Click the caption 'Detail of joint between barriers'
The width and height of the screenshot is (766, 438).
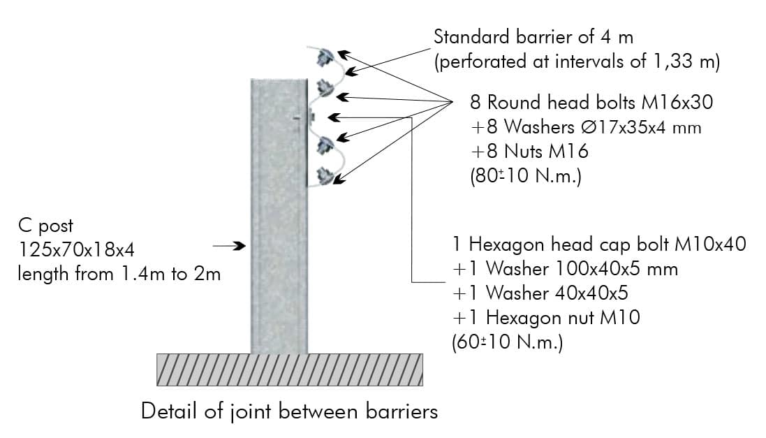click(x=289, y=411)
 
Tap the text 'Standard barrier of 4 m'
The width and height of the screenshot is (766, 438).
click(x=533, y=37)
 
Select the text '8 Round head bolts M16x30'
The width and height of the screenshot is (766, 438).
click(x=591, y=102)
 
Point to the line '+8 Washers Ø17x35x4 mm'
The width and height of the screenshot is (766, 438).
click(x=586, y=127)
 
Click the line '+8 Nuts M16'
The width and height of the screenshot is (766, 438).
click(x=529, y=151)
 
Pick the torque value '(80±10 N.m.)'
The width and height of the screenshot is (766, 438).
click(x=526, y=175)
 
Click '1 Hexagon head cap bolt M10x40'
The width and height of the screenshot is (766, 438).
click(x=599, y=244)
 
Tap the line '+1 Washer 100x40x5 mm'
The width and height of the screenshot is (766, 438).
click(x=565, y=268)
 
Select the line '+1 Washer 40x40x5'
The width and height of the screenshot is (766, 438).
click(x=540, y=293)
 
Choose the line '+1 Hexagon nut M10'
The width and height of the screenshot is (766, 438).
click(x=546, y=317)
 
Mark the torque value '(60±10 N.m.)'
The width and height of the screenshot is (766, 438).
click(x=508, y=342)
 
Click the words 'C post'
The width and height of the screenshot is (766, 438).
click(x=45, y=226)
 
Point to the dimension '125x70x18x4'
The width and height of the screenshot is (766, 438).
click(x=76, y=250)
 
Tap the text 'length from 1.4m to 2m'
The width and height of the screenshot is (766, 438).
click(x=119, y=274)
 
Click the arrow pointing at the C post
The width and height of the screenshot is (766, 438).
click(x=229, y=245)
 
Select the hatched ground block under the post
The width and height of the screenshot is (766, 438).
click(x=290, y=370)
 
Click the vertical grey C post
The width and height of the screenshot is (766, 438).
click(x=279, y=216)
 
